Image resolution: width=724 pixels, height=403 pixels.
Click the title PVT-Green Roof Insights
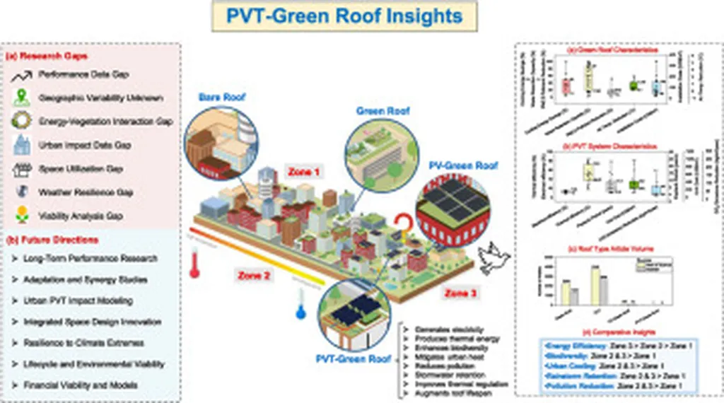click(x=344, y=16)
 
